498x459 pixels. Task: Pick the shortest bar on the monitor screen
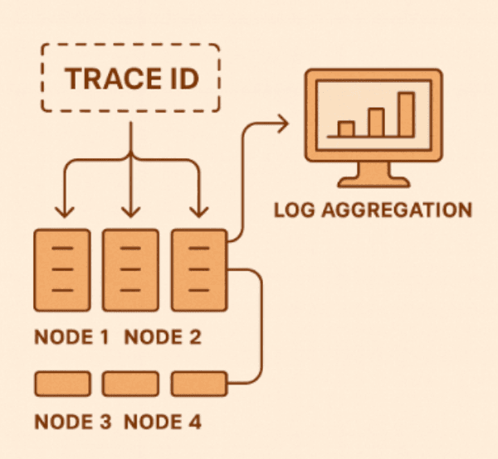pos(346,128)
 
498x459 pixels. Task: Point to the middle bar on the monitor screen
pos(376,121)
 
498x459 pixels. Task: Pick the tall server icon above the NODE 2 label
pos(129,268)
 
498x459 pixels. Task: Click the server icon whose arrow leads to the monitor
pos(198,268)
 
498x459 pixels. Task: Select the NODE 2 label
pos(163,338)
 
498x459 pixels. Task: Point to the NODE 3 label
pos(73,422)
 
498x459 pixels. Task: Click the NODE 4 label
pos(163,422)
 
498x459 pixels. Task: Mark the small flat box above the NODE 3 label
pos(61,383)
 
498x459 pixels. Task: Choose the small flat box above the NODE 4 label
pos(129,383)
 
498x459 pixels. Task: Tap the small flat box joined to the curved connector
pos(198,383)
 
